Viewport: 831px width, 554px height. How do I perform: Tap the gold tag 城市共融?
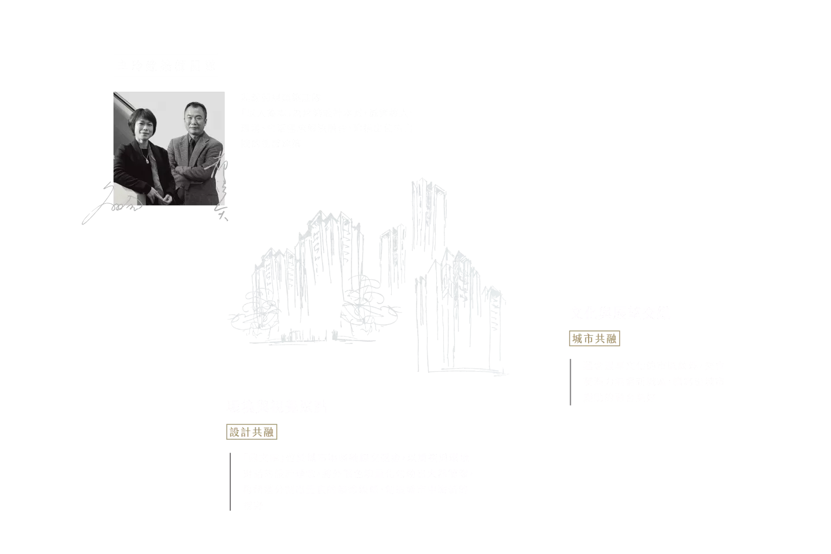tap(594, 339)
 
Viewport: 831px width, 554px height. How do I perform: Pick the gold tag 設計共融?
tap(252, 432)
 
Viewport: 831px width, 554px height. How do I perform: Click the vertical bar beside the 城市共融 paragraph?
tap(571, 382)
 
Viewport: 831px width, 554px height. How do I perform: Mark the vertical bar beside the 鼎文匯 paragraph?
tap(230, 482)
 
